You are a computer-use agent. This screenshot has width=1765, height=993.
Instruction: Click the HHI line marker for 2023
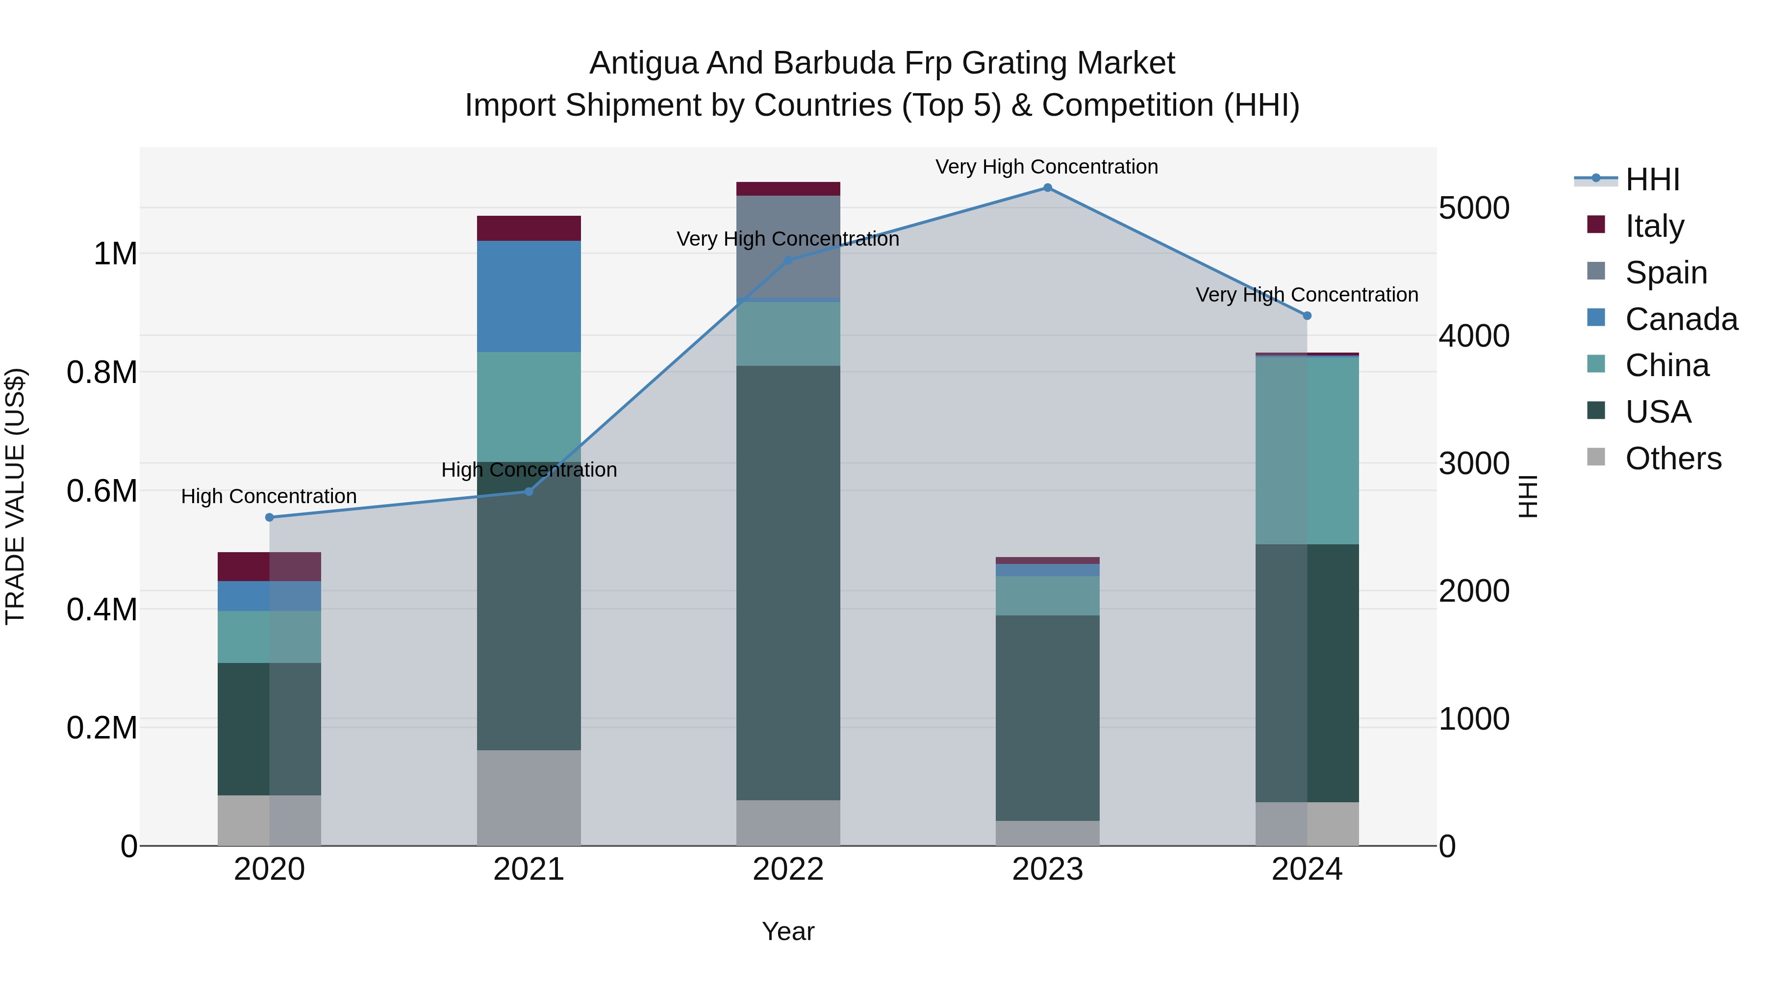(1047, 188)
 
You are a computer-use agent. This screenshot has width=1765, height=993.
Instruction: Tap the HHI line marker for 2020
(269, 517)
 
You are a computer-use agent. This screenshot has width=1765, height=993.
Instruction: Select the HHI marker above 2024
(1307, 316)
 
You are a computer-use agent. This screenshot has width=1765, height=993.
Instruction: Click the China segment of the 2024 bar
(1307, 451)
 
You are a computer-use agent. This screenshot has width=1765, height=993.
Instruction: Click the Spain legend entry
(1665, 273)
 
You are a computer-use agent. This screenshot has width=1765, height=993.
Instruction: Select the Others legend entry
(1672, 458)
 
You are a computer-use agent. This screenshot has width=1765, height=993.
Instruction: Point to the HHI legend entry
(1651, 179)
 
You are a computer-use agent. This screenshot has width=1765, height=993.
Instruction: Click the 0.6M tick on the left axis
(101, 491)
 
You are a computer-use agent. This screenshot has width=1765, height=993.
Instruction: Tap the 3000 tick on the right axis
(1473, 464)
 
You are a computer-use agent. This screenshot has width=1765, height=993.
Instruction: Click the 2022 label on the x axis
(788, 869)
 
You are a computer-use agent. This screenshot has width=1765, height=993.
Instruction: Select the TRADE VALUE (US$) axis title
(15, 496)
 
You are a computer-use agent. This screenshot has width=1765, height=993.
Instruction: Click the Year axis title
(788, 931)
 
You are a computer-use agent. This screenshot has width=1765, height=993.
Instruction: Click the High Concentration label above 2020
(269, 496)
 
